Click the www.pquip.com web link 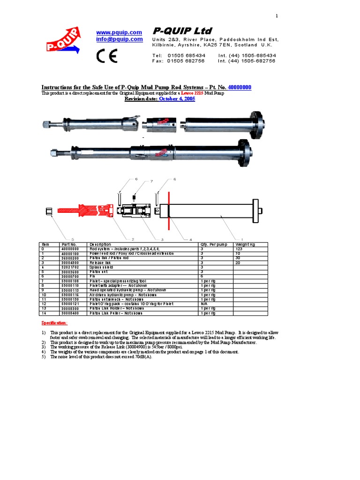(x=119, y=32)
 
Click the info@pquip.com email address (x=119, y=39)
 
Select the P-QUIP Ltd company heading (x=182, y=31)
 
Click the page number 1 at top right (x=277, y=16)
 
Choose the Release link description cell (x=100, y=262)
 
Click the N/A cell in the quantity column (x=204, y=304)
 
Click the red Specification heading (x=54, y=323)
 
